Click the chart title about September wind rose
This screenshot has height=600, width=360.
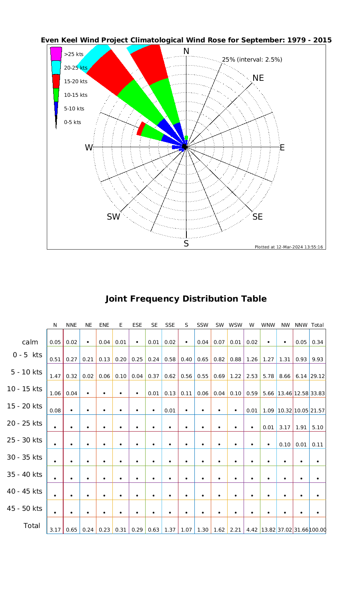[x=186, y=40]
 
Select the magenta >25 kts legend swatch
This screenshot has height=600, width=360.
[x=56, y=54]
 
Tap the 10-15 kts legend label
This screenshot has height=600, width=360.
[x=76, y=95]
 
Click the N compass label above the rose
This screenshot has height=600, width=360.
[x=186, y=51]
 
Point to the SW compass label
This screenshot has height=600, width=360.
[x=114, y=217]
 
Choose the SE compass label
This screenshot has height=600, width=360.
[x=258, y=217]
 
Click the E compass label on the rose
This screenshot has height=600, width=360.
[x=282, y=148]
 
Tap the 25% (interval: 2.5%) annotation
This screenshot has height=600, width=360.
[x=252, y=60]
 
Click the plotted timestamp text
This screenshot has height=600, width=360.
[x=289, y=247]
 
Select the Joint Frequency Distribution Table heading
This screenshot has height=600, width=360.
[x=186, y=299]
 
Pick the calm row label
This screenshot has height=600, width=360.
[x=30, y=342]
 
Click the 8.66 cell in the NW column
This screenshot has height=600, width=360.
[x=284, y=376]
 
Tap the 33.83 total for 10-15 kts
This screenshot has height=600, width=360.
[x=317, y=394]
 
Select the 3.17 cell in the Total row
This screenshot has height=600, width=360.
[x=55, y=530]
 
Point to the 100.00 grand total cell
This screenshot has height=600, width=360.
[x=318, y=530]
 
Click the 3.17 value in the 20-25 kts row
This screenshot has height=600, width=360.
[x=284, y=428]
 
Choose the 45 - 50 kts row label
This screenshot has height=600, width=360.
[x=25, y=508]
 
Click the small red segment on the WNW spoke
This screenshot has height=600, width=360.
[x=140, y=129]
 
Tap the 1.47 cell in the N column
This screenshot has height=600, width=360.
[x=55, y=376]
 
